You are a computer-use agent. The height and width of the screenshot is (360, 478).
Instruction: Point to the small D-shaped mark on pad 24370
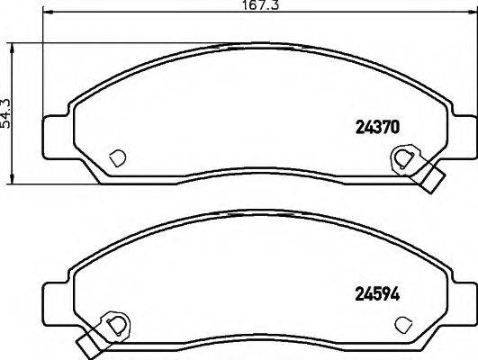114,157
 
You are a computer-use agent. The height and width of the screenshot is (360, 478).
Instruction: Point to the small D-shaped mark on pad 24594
404,321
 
